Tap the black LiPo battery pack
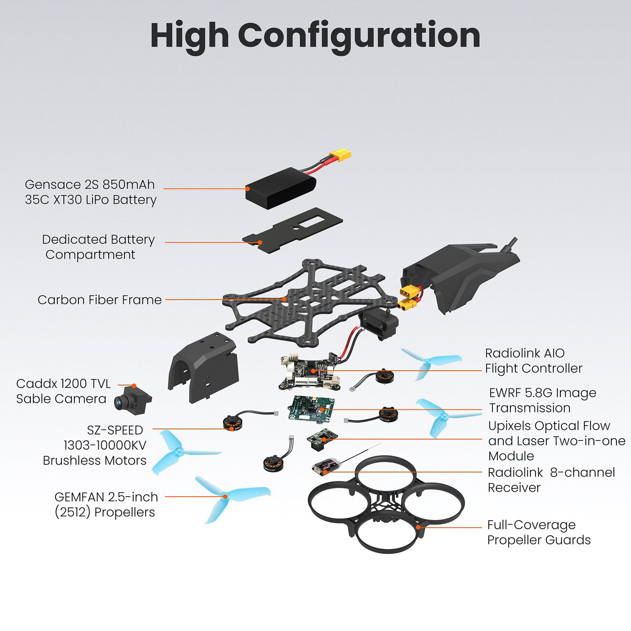(x=279, y=189)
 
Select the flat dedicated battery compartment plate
(x=292, y=230)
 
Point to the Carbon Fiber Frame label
(x=100, y=300)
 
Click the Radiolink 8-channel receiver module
(x=325, y=467)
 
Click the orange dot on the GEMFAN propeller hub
(x=225, y=497)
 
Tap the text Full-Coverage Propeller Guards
(x=539, y=532)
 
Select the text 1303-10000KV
(x=105, y=445)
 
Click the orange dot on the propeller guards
(x=418, y=527)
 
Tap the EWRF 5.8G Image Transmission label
(x=542, y=400)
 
